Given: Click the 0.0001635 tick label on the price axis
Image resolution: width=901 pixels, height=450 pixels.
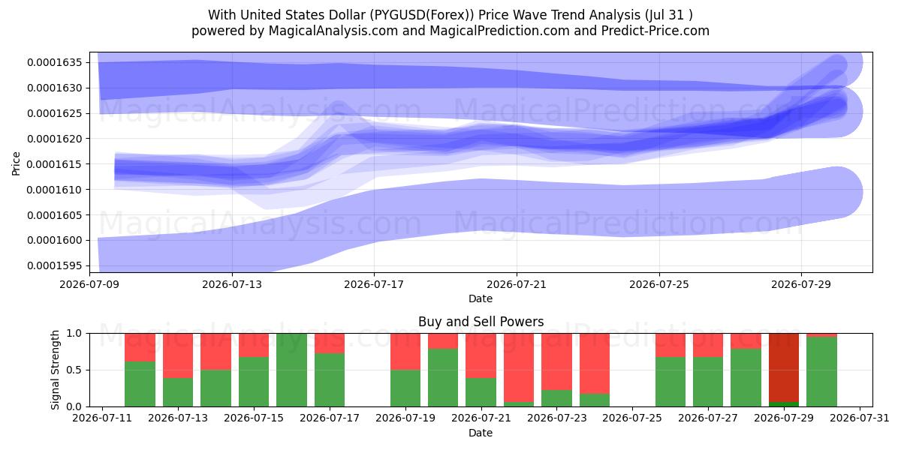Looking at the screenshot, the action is [54, 63].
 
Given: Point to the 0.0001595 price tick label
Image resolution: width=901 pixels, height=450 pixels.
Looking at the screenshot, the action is [54, 266].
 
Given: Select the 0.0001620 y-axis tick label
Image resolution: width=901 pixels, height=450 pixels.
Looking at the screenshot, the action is [54, 139].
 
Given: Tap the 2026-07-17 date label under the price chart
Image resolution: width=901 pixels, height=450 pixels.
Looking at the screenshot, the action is [374, 284].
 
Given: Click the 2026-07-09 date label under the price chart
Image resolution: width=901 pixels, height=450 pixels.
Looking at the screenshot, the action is [89, 284].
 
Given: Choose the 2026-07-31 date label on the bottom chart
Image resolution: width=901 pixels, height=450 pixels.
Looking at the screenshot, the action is [860, 418].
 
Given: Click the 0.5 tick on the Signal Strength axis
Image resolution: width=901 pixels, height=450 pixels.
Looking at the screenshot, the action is [74, 370].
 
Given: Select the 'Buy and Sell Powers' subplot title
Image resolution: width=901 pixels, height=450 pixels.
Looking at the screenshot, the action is [481, 322].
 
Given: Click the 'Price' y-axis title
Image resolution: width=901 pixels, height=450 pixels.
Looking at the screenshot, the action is [16, 163].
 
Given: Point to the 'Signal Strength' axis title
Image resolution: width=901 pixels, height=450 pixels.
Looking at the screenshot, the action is [55, 370].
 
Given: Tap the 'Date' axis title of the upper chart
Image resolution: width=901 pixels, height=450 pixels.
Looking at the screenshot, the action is [481, 298].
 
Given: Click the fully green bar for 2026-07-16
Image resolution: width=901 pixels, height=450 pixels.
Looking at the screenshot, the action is [291, 370].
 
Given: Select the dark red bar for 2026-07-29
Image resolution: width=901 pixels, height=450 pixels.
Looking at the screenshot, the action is [784, 367].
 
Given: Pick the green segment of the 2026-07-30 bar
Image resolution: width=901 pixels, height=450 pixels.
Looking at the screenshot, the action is [821, 372].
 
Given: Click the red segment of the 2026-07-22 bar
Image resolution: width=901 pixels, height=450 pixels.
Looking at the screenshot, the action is [519, 367].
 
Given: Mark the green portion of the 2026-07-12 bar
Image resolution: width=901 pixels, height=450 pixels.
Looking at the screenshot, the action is [140, 384].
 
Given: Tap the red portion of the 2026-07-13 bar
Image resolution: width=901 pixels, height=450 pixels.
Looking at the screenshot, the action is [178, 355].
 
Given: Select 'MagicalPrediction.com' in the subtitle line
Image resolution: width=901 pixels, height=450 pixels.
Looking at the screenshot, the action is [499, 31].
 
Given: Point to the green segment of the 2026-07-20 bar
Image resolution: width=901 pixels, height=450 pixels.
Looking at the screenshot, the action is [443, 378].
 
